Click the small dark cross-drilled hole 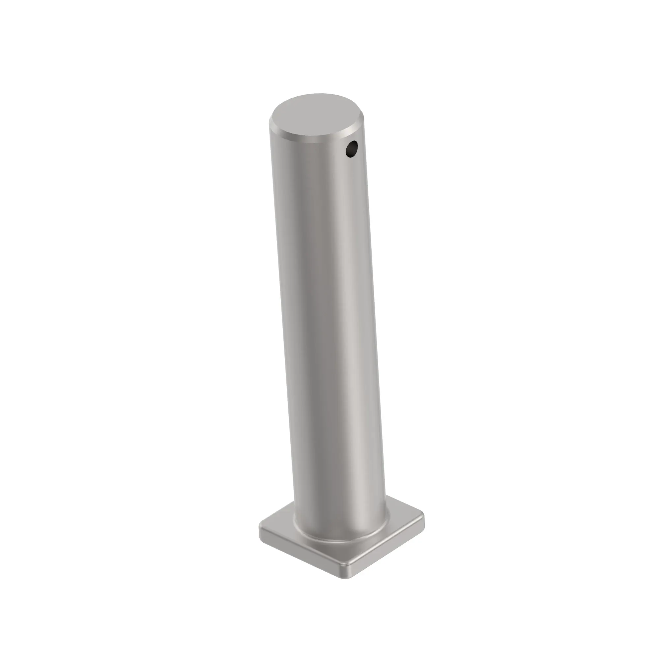click(352, 149)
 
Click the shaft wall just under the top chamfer click(307, 154)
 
